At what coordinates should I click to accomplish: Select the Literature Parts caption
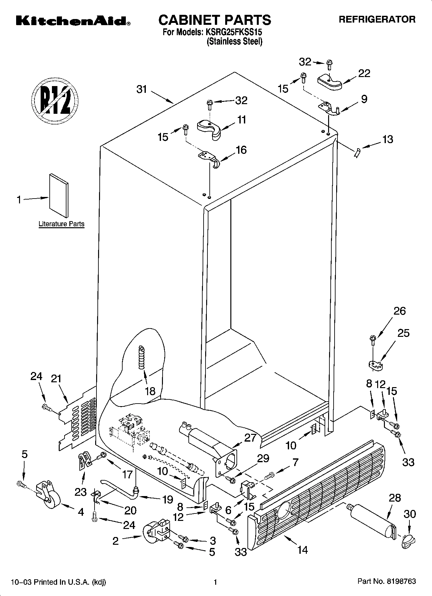(61, 224)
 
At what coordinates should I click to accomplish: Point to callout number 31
(142, 89)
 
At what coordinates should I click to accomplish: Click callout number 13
(388, 139)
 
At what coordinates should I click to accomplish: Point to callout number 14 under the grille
(302, 549)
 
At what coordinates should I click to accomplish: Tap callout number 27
(250, 438)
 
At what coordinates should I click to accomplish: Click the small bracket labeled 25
(375, 365)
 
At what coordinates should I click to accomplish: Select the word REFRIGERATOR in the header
(377, 19)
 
